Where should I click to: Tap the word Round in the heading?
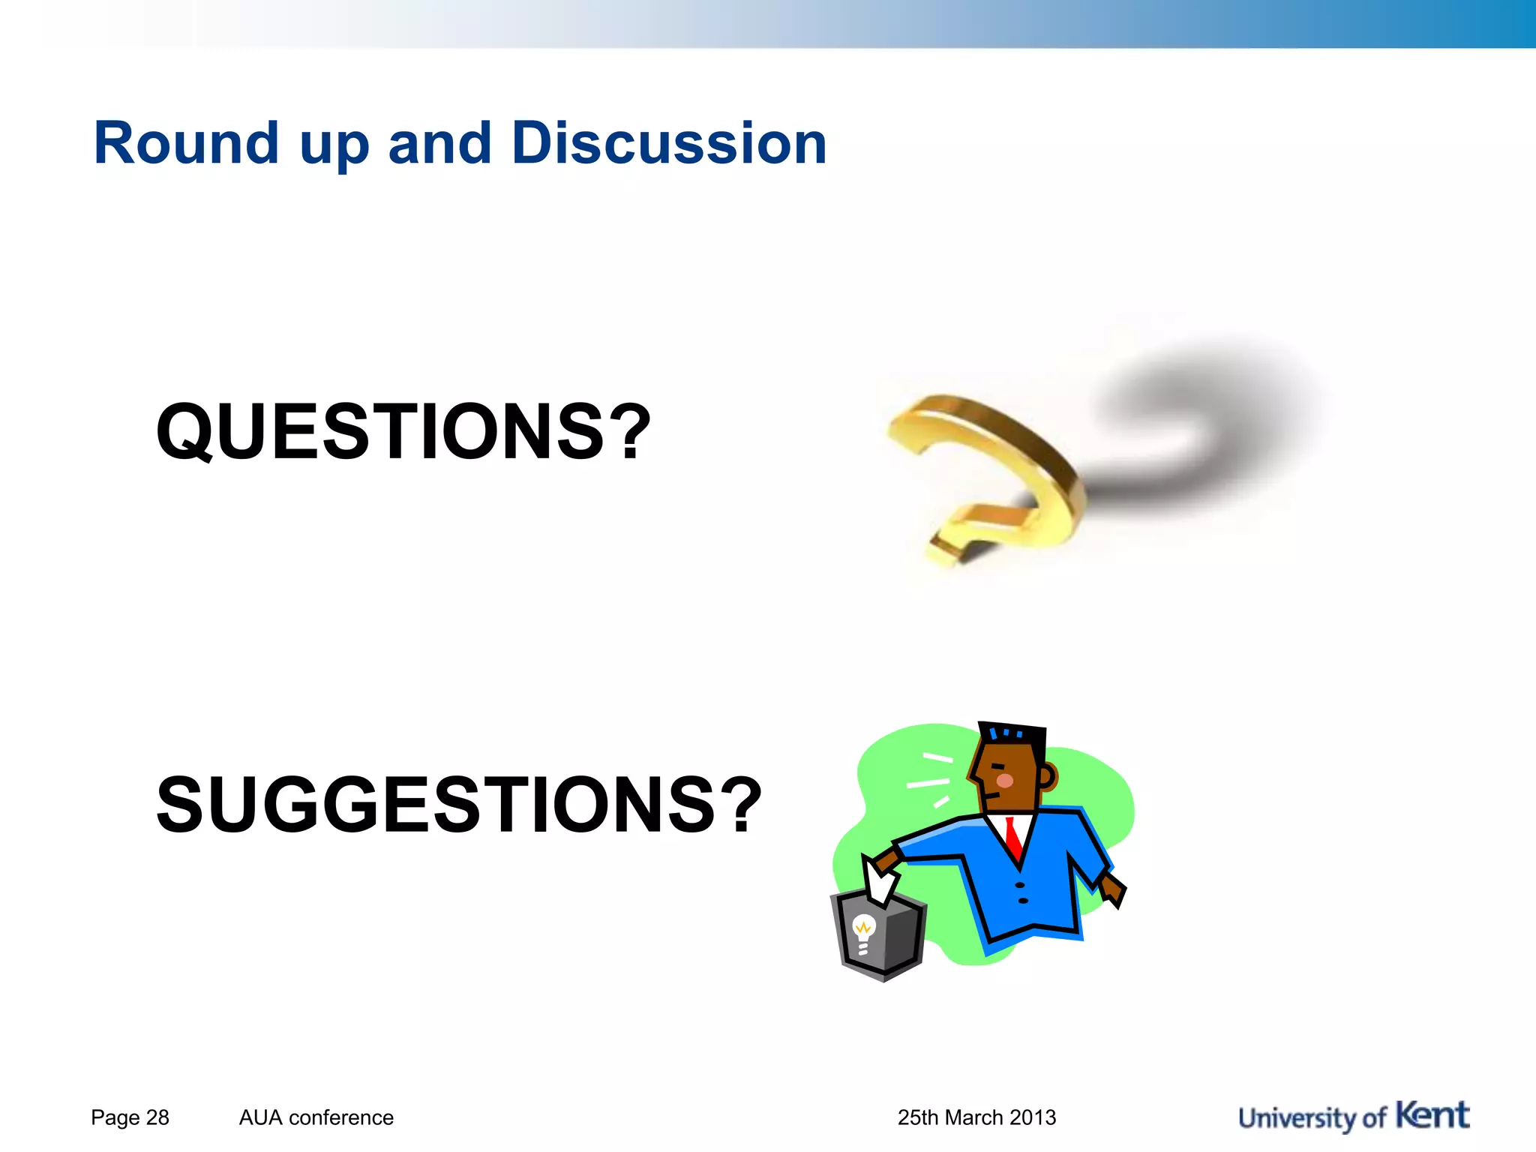(x=186, y=143)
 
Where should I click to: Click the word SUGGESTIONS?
(x=458, y=805)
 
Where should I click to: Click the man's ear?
(x=1047, y=776)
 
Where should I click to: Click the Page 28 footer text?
(x=130, y=1117)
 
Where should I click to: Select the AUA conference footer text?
(x=316, y=1117)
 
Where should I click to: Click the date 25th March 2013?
(x=976, y=1117)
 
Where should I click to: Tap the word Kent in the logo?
(x=1432, y=1115)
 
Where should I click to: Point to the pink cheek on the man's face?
(x=1005, y=781)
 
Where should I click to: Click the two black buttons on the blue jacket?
(x=1021, y=892)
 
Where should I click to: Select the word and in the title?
(x=439, y=143)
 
